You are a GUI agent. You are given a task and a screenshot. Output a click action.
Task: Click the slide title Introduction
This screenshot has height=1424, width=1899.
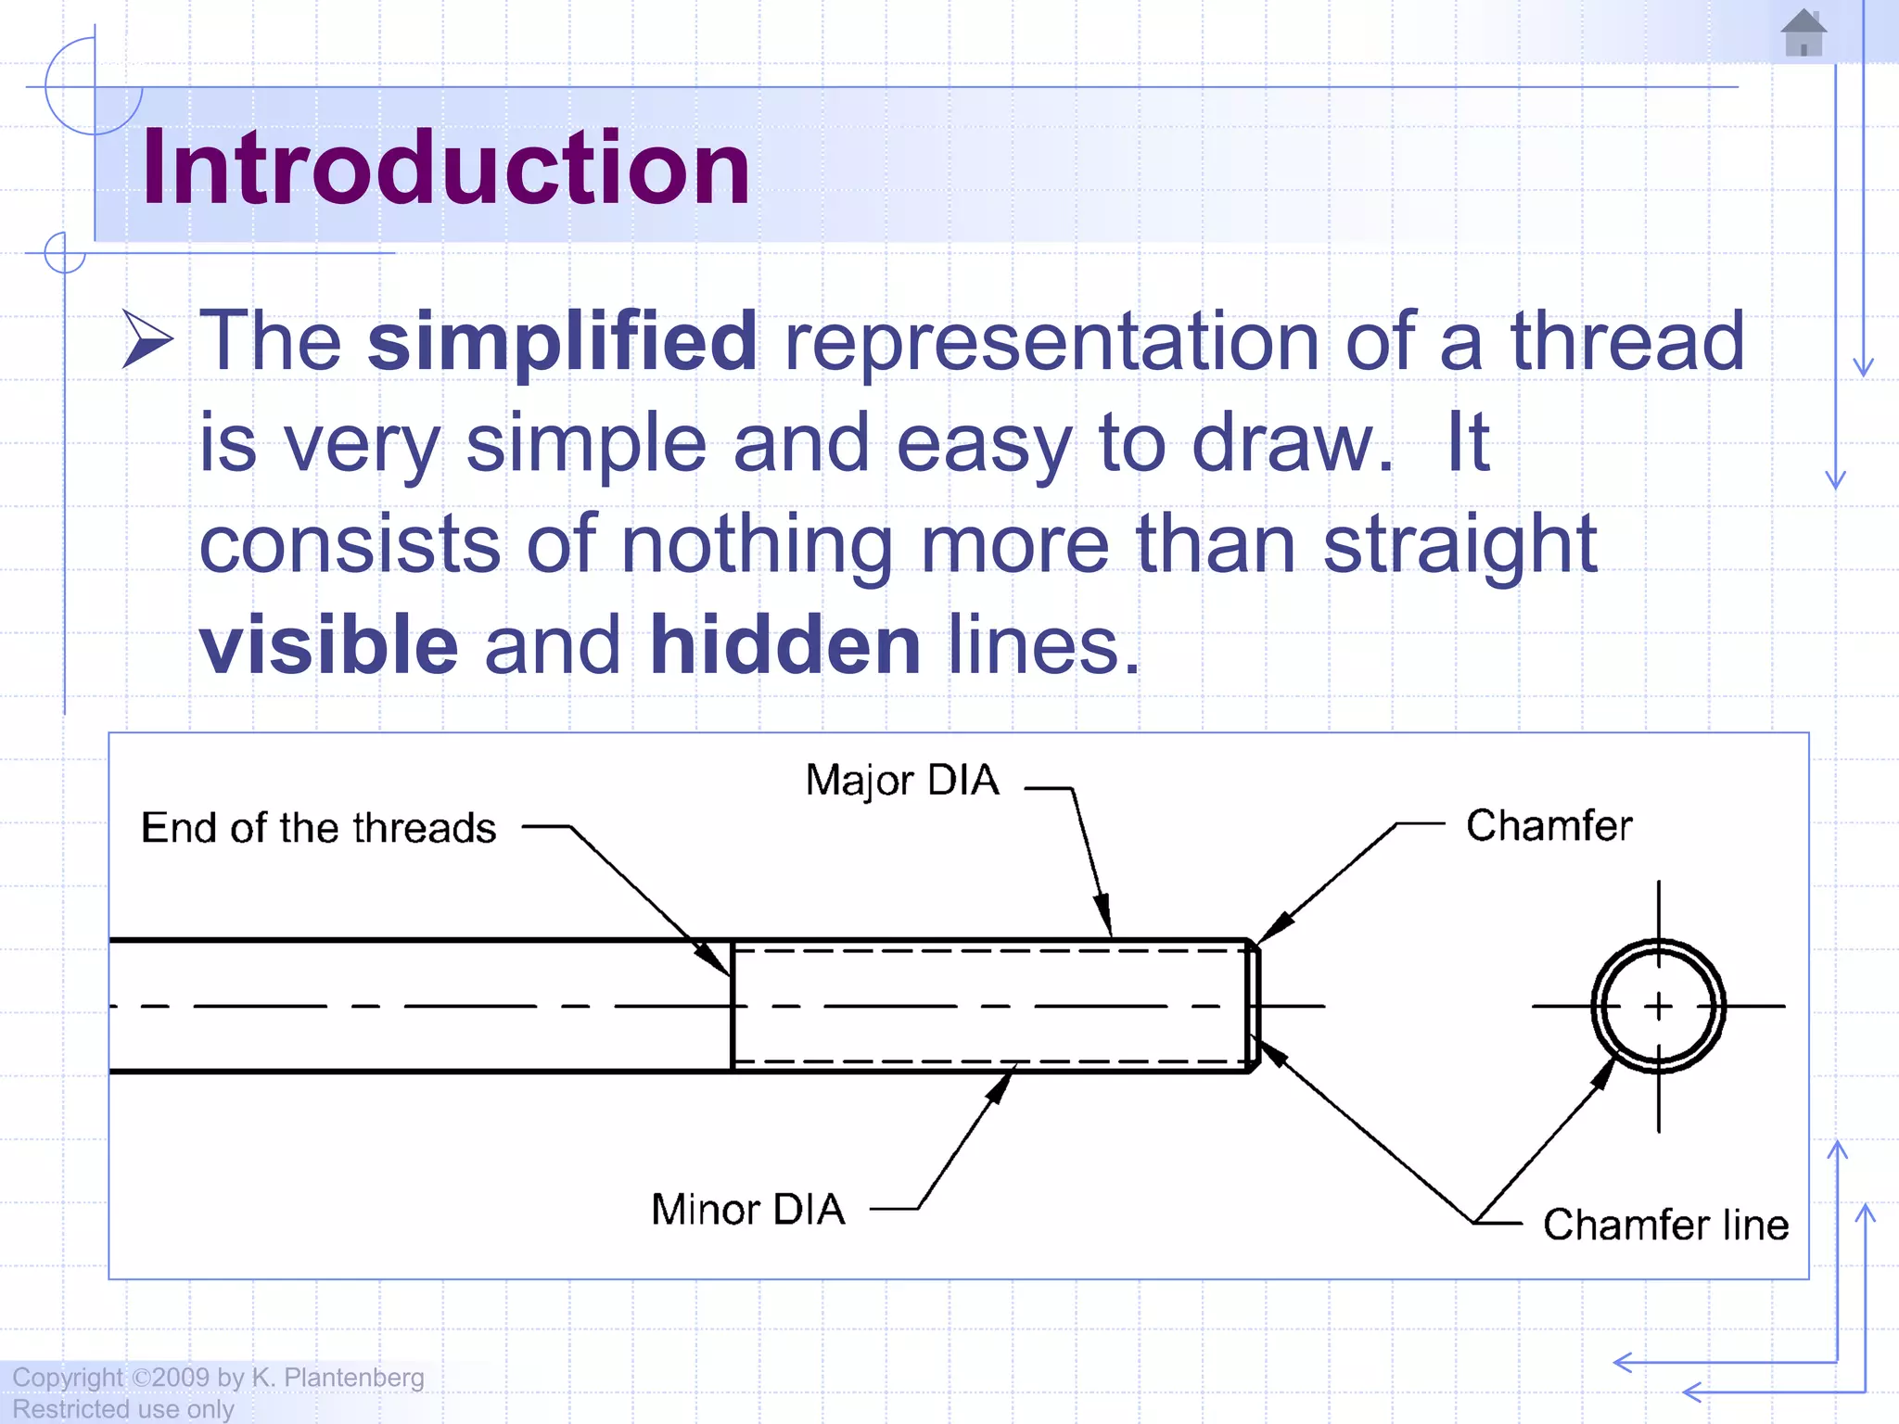(445, 168)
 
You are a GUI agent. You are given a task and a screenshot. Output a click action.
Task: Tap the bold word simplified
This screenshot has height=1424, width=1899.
(562, 341)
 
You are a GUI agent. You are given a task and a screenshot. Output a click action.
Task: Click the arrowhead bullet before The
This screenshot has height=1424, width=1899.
(147, 340)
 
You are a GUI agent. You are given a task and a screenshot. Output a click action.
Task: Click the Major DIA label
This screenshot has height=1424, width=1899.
(902, 781)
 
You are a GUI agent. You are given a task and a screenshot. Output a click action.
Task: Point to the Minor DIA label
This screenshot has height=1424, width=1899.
(748, 1210)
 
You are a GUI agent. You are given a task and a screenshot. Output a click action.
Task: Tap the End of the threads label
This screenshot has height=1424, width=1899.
(318, 828)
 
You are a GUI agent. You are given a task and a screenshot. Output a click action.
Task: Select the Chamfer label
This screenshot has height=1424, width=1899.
(1549, 825)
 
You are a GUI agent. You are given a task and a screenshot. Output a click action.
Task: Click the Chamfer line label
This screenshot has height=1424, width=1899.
(1665, 1225)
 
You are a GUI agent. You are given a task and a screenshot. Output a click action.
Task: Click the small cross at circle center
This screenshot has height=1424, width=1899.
(1659, 1006)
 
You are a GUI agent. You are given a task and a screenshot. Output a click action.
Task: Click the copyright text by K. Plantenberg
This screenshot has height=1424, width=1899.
(218, 1378)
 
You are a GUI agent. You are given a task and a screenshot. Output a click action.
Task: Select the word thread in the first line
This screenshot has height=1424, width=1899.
(1627, 341)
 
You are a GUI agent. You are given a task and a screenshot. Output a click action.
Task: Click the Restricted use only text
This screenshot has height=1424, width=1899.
(122, 1409)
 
